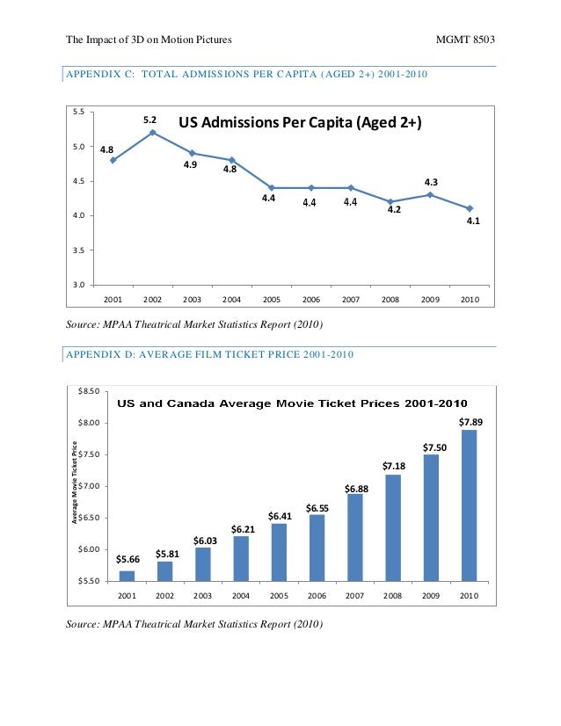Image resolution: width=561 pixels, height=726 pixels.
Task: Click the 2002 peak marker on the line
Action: [153, 133]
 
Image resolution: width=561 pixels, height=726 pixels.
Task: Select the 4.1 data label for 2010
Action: [472, 221]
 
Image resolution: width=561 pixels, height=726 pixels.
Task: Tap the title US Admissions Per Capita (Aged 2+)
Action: [301, 124]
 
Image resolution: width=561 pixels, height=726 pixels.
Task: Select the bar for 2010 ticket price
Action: [470, 505]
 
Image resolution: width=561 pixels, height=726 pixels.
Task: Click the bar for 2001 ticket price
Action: [127, 576]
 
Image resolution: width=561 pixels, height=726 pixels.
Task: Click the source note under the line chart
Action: [195, 326]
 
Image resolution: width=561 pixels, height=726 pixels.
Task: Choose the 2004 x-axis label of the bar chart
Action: [241, 595]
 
